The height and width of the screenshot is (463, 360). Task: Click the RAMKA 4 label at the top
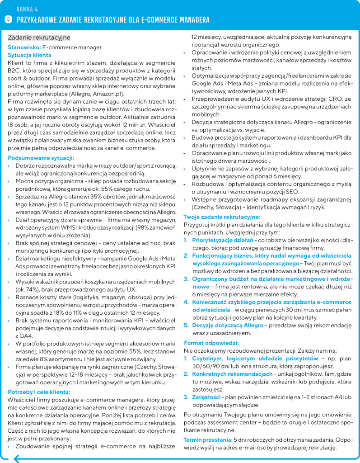27,9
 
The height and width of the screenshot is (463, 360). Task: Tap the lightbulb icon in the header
8,19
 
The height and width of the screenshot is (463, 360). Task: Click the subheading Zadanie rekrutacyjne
39,38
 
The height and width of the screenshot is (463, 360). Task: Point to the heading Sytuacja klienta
29,55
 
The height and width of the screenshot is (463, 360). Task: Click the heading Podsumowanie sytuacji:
41,158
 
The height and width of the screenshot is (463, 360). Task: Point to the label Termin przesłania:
207,439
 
